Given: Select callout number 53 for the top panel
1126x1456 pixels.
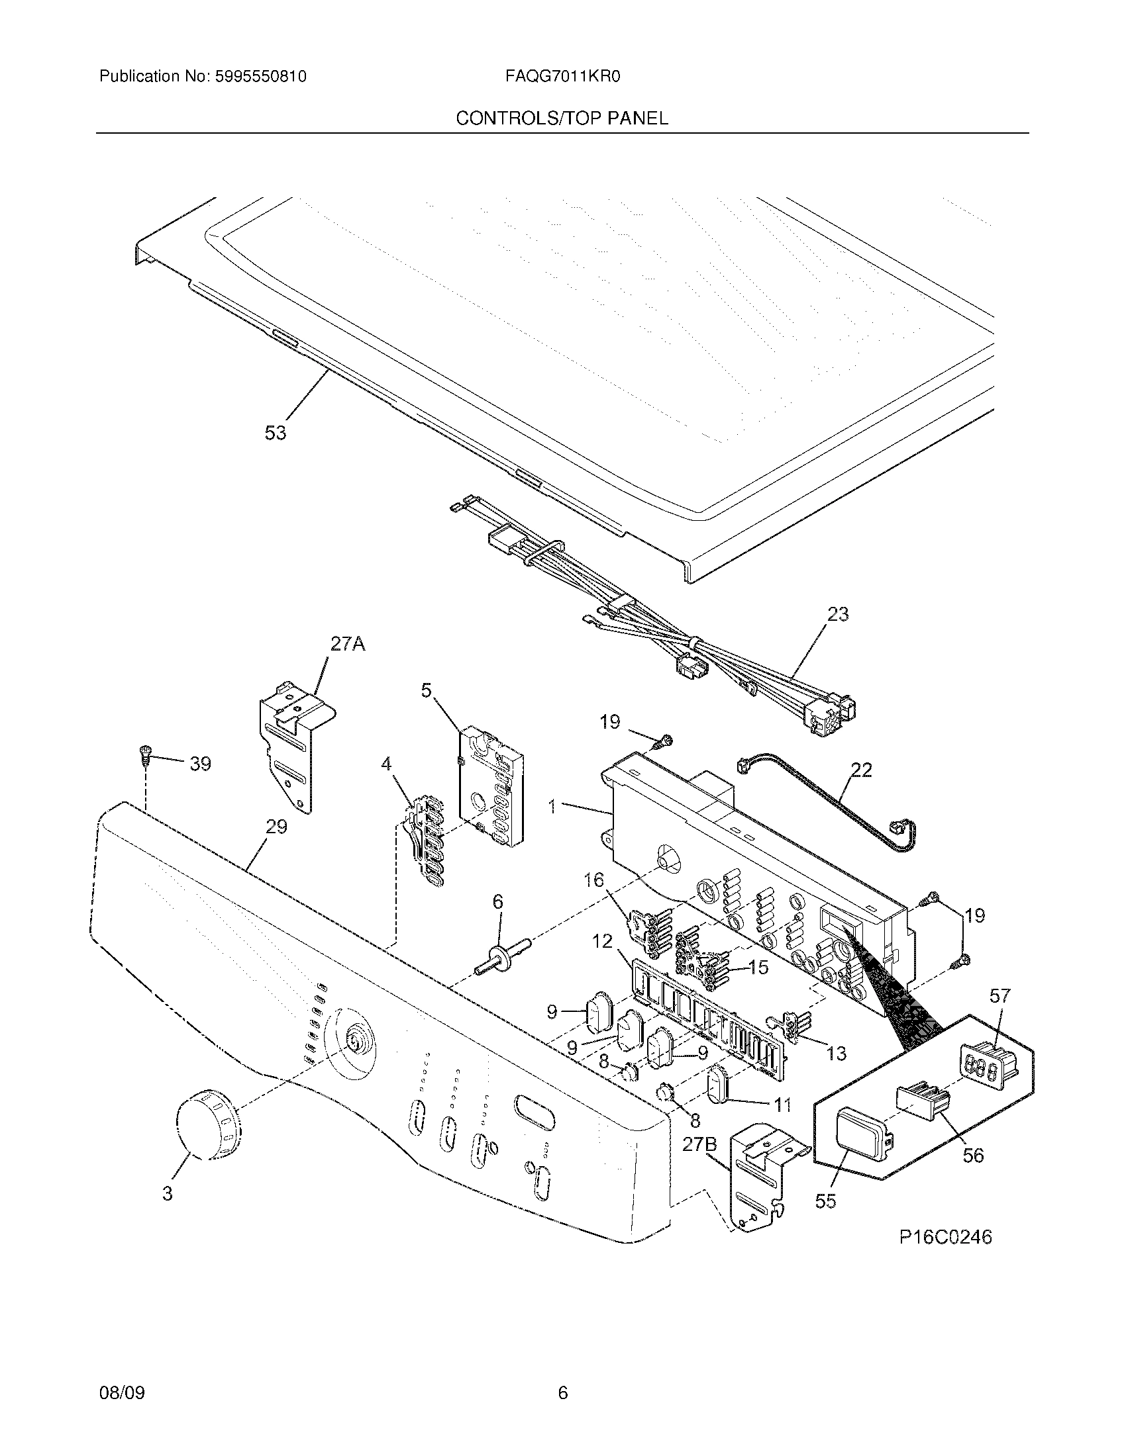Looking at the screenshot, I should (275, 433).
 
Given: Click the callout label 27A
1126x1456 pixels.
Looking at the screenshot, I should (348, 644).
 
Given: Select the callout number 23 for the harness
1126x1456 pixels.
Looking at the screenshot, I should (837, 614).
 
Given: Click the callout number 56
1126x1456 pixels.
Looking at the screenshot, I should (973, 1155).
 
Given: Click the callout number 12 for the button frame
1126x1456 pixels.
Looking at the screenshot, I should (601, 941).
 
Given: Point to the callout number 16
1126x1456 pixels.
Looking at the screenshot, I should (593, 880).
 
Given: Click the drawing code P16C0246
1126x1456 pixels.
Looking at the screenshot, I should (945, 1238).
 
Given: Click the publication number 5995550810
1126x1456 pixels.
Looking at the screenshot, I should (260, 77).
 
